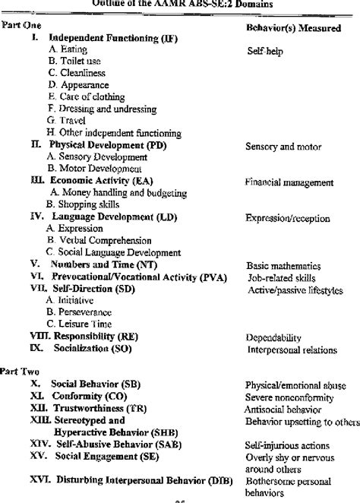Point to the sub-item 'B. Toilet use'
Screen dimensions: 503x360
[x=75, y=60]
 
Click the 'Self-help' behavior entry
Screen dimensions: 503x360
[x=265, y=53]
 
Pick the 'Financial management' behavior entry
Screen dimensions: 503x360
[x=289, y=182]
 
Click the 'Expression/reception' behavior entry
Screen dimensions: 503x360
[x=286, y=218]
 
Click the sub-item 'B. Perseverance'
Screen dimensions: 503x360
[x=80, y=312]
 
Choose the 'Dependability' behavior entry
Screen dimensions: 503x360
[x=274, y=337]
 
